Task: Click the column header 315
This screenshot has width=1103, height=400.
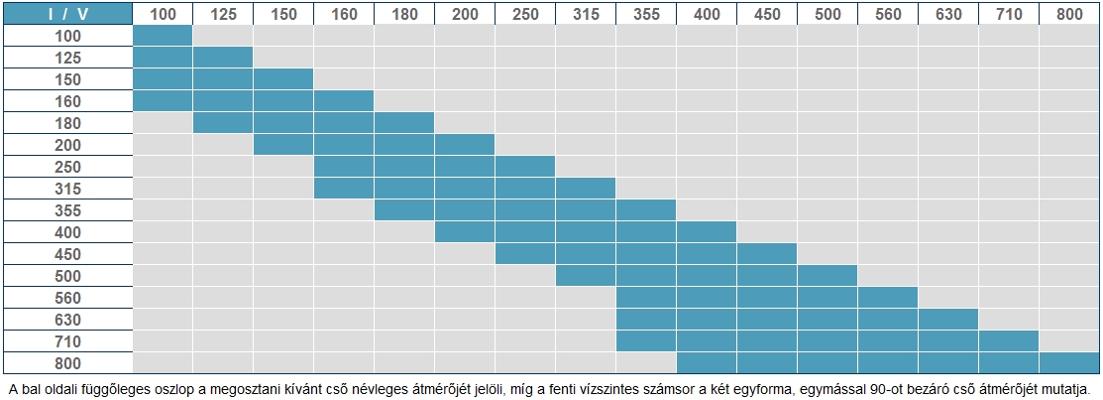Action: (x=586, y=14)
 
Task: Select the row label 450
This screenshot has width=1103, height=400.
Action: (x=67, y=254)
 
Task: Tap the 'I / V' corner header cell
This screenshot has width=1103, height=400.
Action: (x=67, y=14)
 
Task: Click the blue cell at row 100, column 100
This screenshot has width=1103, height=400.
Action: (x=163, y=36)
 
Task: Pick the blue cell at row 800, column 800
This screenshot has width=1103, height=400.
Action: (x=1070, y=363)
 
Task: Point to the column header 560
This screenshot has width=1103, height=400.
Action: (x=888, y=14)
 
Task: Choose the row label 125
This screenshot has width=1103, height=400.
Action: (x=67, y=58)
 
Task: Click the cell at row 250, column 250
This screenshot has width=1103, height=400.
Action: (x=525, y=167)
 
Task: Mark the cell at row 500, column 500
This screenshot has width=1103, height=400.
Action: (x=827, y=276)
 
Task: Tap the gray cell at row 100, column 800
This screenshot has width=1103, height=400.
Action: (x=1070, y=36)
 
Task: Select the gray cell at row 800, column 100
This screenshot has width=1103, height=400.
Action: (x=163, y=363)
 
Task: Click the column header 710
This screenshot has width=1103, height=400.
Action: (x=1009, y=14)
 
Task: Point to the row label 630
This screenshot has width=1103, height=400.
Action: (x=67, y=320)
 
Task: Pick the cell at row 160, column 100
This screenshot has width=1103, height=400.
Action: (x=163, y=101)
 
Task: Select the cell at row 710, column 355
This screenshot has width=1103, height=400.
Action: (x=646, y=341)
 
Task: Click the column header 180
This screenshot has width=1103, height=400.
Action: (x=404, y=14)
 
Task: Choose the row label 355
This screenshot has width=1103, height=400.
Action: (x=67, y=210)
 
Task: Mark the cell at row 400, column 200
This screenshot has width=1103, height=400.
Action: (x=465, y=232)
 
